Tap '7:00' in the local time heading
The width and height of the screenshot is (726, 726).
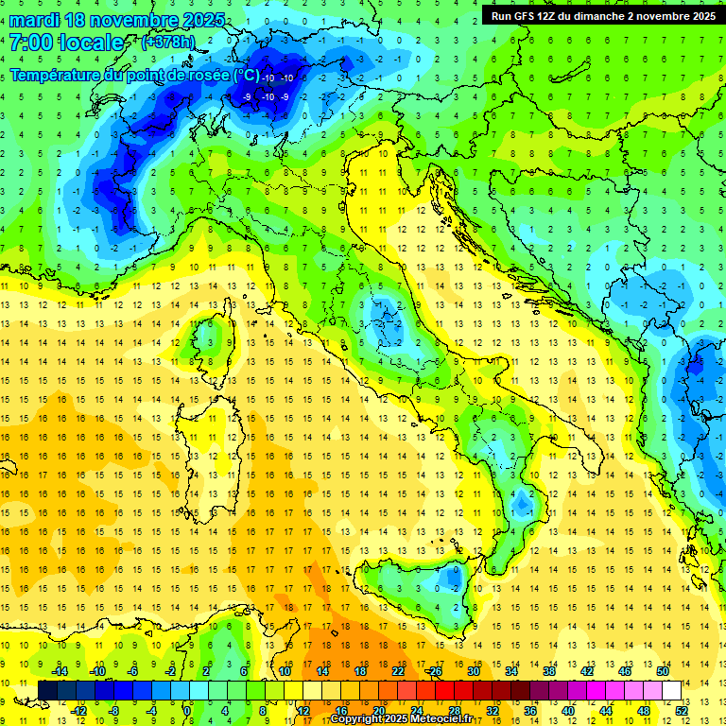click(x=30, y=43)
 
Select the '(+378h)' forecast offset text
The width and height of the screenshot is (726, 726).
click(x=169, y=43)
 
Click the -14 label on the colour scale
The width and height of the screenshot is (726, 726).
click(x=59, y=671)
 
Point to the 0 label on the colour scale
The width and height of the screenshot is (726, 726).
click(x=187, y=710)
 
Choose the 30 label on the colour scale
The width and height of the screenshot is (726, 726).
click(x=474, y=671)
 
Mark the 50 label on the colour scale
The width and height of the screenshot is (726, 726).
click(x=663, y=671)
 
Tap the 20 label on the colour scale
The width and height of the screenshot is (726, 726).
click(x=378, y=710)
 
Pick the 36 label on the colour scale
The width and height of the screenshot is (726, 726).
click(x=530, y=710)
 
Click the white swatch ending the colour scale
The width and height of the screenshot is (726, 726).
click(x=672, y=690)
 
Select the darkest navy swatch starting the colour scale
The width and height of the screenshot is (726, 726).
click(x=48, y=690)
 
